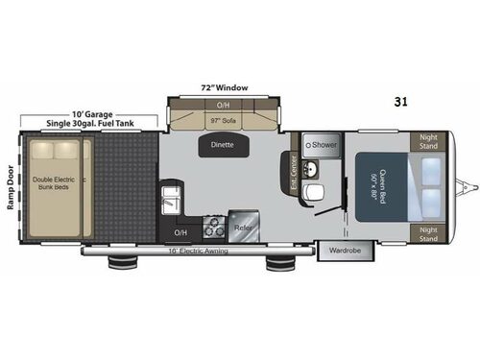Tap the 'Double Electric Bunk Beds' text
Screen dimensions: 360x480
58,183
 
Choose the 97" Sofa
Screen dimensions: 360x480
223,121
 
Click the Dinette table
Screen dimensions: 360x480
223,146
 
